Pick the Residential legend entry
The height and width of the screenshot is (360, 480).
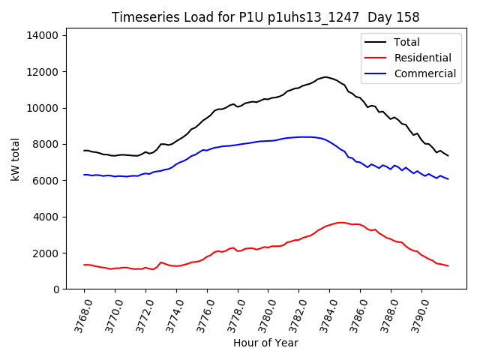422,58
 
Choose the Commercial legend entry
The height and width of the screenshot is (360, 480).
424,73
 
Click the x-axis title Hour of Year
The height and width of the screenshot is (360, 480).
265,343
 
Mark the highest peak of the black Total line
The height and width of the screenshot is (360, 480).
325,76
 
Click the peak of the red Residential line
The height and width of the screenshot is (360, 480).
340,223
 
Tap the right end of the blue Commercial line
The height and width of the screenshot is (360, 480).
448,179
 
